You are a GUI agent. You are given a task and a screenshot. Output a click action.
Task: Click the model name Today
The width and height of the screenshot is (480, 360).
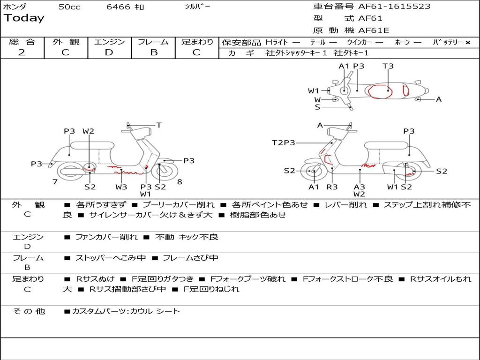(x=24, y=18)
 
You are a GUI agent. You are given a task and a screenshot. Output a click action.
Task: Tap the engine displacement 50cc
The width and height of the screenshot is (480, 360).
(x=69, y=7)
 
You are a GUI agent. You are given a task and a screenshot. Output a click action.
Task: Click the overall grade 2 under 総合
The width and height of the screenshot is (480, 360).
(x=22, y=52)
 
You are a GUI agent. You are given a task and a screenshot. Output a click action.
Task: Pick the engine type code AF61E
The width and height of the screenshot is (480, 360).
(x=374, y=30)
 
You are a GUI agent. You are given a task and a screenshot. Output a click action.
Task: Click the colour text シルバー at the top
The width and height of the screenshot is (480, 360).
(x=198, y=7)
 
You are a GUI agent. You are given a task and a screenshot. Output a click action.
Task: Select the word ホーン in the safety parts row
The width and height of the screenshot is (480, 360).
(x=402, y=42)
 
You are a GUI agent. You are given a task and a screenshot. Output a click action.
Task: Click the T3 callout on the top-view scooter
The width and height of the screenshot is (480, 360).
(x=388, y=66)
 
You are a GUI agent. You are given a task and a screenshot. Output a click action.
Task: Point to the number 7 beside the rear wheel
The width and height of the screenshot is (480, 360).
(x=55, y=182)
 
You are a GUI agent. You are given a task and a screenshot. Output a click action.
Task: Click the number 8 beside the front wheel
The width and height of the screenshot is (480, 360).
(x=180, y=182)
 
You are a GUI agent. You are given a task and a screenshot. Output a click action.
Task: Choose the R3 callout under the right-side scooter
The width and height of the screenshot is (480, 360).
(x=332, y=187)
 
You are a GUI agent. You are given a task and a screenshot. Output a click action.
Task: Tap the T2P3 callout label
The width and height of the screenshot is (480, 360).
(x=284, y=142)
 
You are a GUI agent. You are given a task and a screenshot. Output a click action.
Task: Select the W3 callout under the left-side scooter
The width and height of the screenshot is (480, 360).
(x=121, y=187)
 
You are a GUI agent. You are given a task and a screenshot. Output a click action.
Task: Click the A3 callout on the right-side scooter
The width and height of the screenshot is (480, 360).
(x=360, y=187)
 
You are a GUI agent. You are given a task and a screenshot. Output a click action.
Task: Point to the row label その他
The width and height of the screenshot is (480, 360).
(x=29, y=311)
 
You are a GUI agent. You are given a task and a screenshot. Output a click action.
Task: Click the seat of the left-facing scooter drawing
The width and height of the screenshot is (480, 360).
(x=92, y=145)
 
